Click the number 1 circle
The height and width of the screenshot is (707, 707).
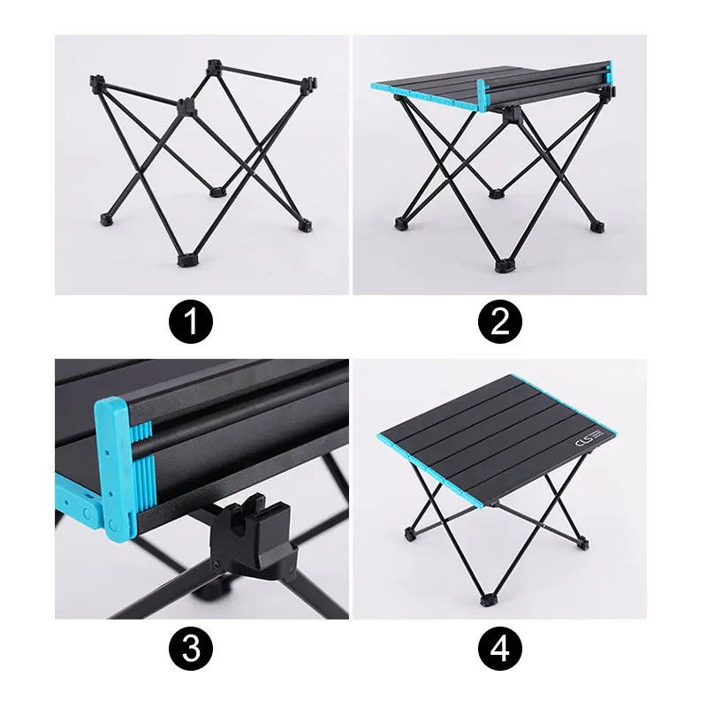point(191,323)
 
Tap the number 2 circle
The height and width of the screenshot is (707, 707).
point(500,323)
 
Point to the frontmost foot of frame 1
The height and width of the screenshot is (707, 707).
point(186,260)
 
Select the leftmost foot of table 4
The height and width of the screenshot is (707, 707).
point(410,534)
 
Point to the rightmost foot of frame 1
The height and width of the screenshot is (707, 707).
point(305,224)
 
